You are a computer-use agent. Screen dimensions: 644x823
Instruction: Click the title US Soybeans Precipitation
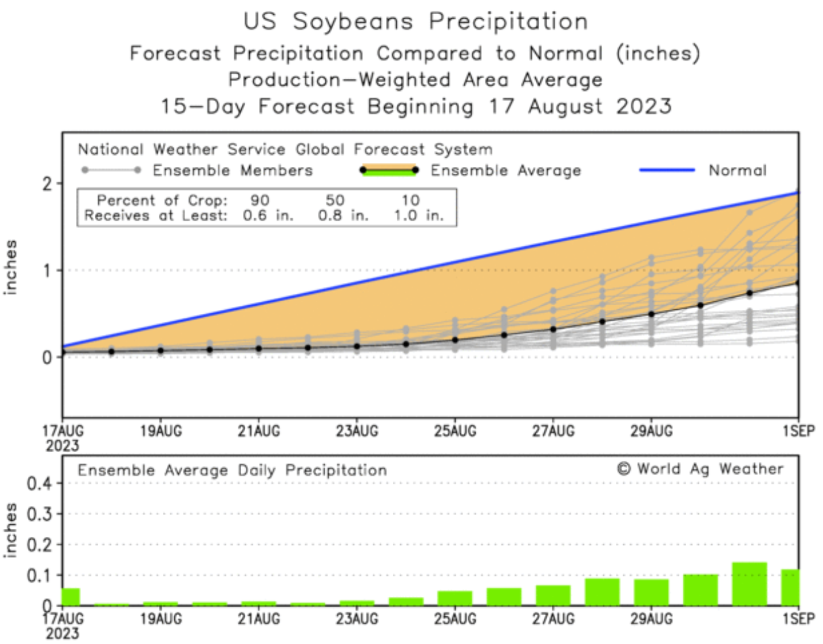point(415,22)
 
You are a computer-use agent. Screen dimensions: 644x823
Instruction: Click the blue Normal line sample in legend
point(666,170)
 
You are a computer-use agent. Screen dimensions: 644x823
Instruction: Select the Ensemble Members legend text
point(233,170)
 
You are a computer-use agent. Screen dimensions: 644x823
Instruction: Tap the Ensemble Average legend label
point(506,170)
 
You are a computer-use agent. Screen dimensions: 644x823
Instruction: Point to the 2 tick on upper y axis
point(47,184)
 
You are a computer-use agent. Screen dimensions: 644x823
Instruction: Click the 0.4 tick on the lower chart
point(39,484)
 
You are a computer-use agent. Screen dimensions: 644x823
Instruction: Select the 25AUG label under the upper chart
point(455,431)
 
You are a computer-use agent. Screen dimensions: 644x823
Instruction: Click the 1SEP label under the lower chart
point(799,618)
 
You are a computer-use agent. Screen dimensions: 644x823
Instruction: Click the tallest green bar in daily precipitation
point(749,584)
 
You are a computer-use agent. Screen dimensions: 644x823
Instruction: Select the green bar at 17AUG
point(71,597)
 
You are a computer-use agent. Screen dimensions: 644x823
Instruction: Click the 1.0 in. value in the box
point(418,216)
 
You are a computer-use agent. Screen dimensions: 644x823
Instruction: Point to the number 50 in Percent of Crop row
point(335,200)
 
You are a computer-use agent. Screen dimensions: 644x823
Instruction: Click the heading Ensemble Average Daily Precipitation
point(232,470)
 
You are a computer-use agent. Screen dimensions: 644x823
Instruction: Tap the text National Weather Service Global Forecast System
point(285,149)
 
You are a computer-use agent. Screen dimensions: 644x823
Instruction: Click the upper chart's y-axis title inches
point(10,267)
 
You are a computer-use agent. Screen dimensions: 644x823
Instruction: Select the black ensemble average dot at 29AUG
point(651,314)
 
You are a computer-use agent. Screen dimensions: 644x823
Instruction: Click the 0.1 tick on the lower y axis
point(39,575)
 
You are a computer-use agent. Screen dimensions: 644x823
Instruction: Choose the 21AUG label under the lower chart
point(259,618)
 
